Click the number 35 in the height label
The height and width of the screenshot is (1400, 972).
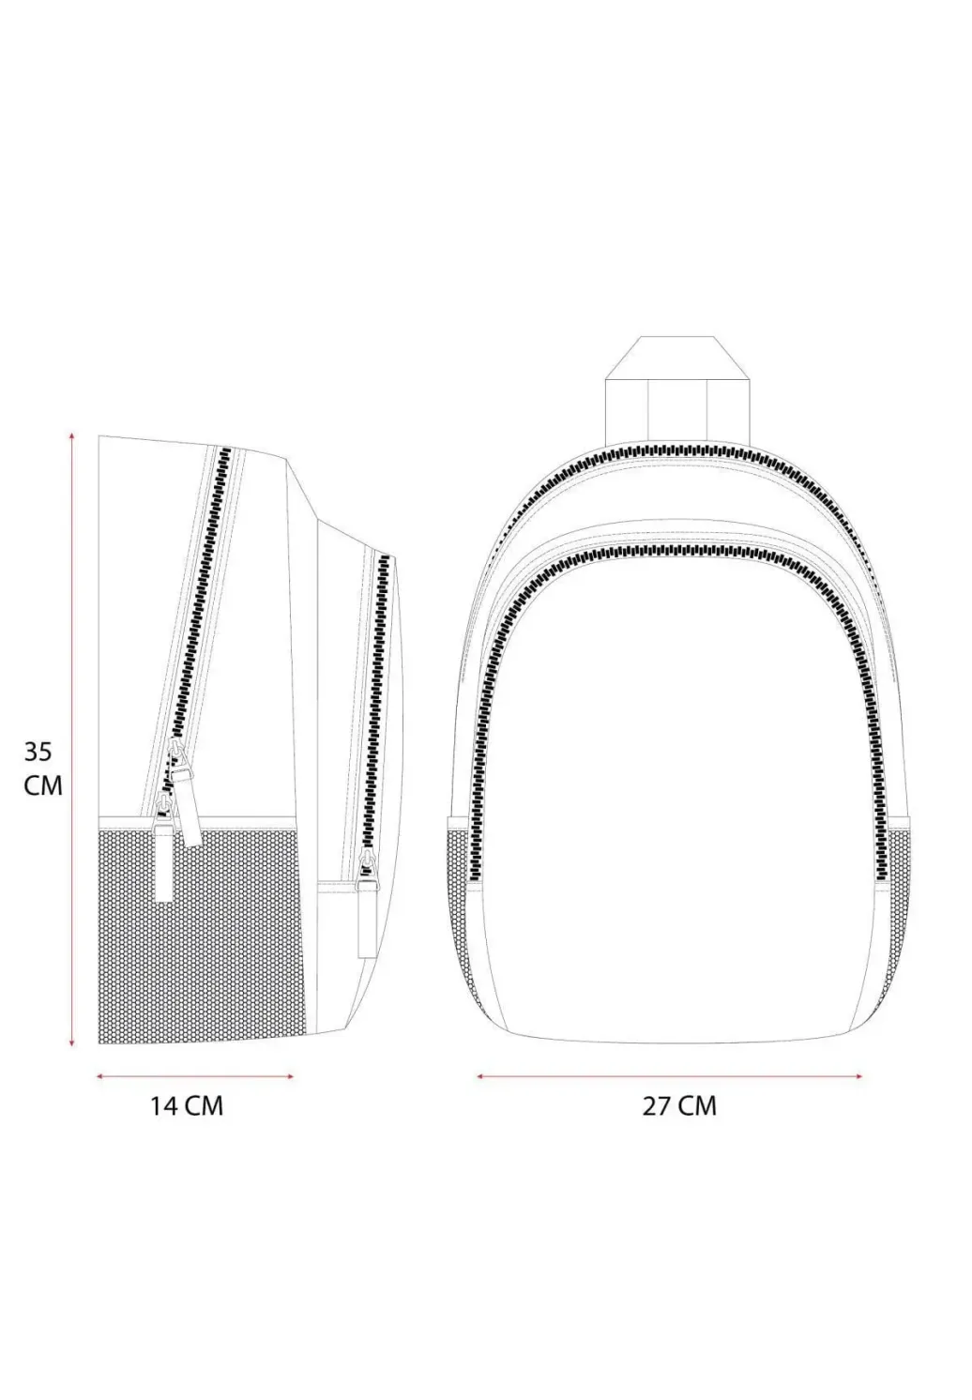(x=38, y=752)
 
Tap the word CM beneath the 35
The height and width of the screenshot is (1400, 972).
(x=43, y=785)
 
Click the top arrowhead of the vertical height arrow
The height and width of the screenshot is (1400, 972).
(x=72, y=434)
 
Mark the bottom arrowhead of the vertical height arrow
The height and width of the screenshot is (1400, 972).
(x=72, y=1042)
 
